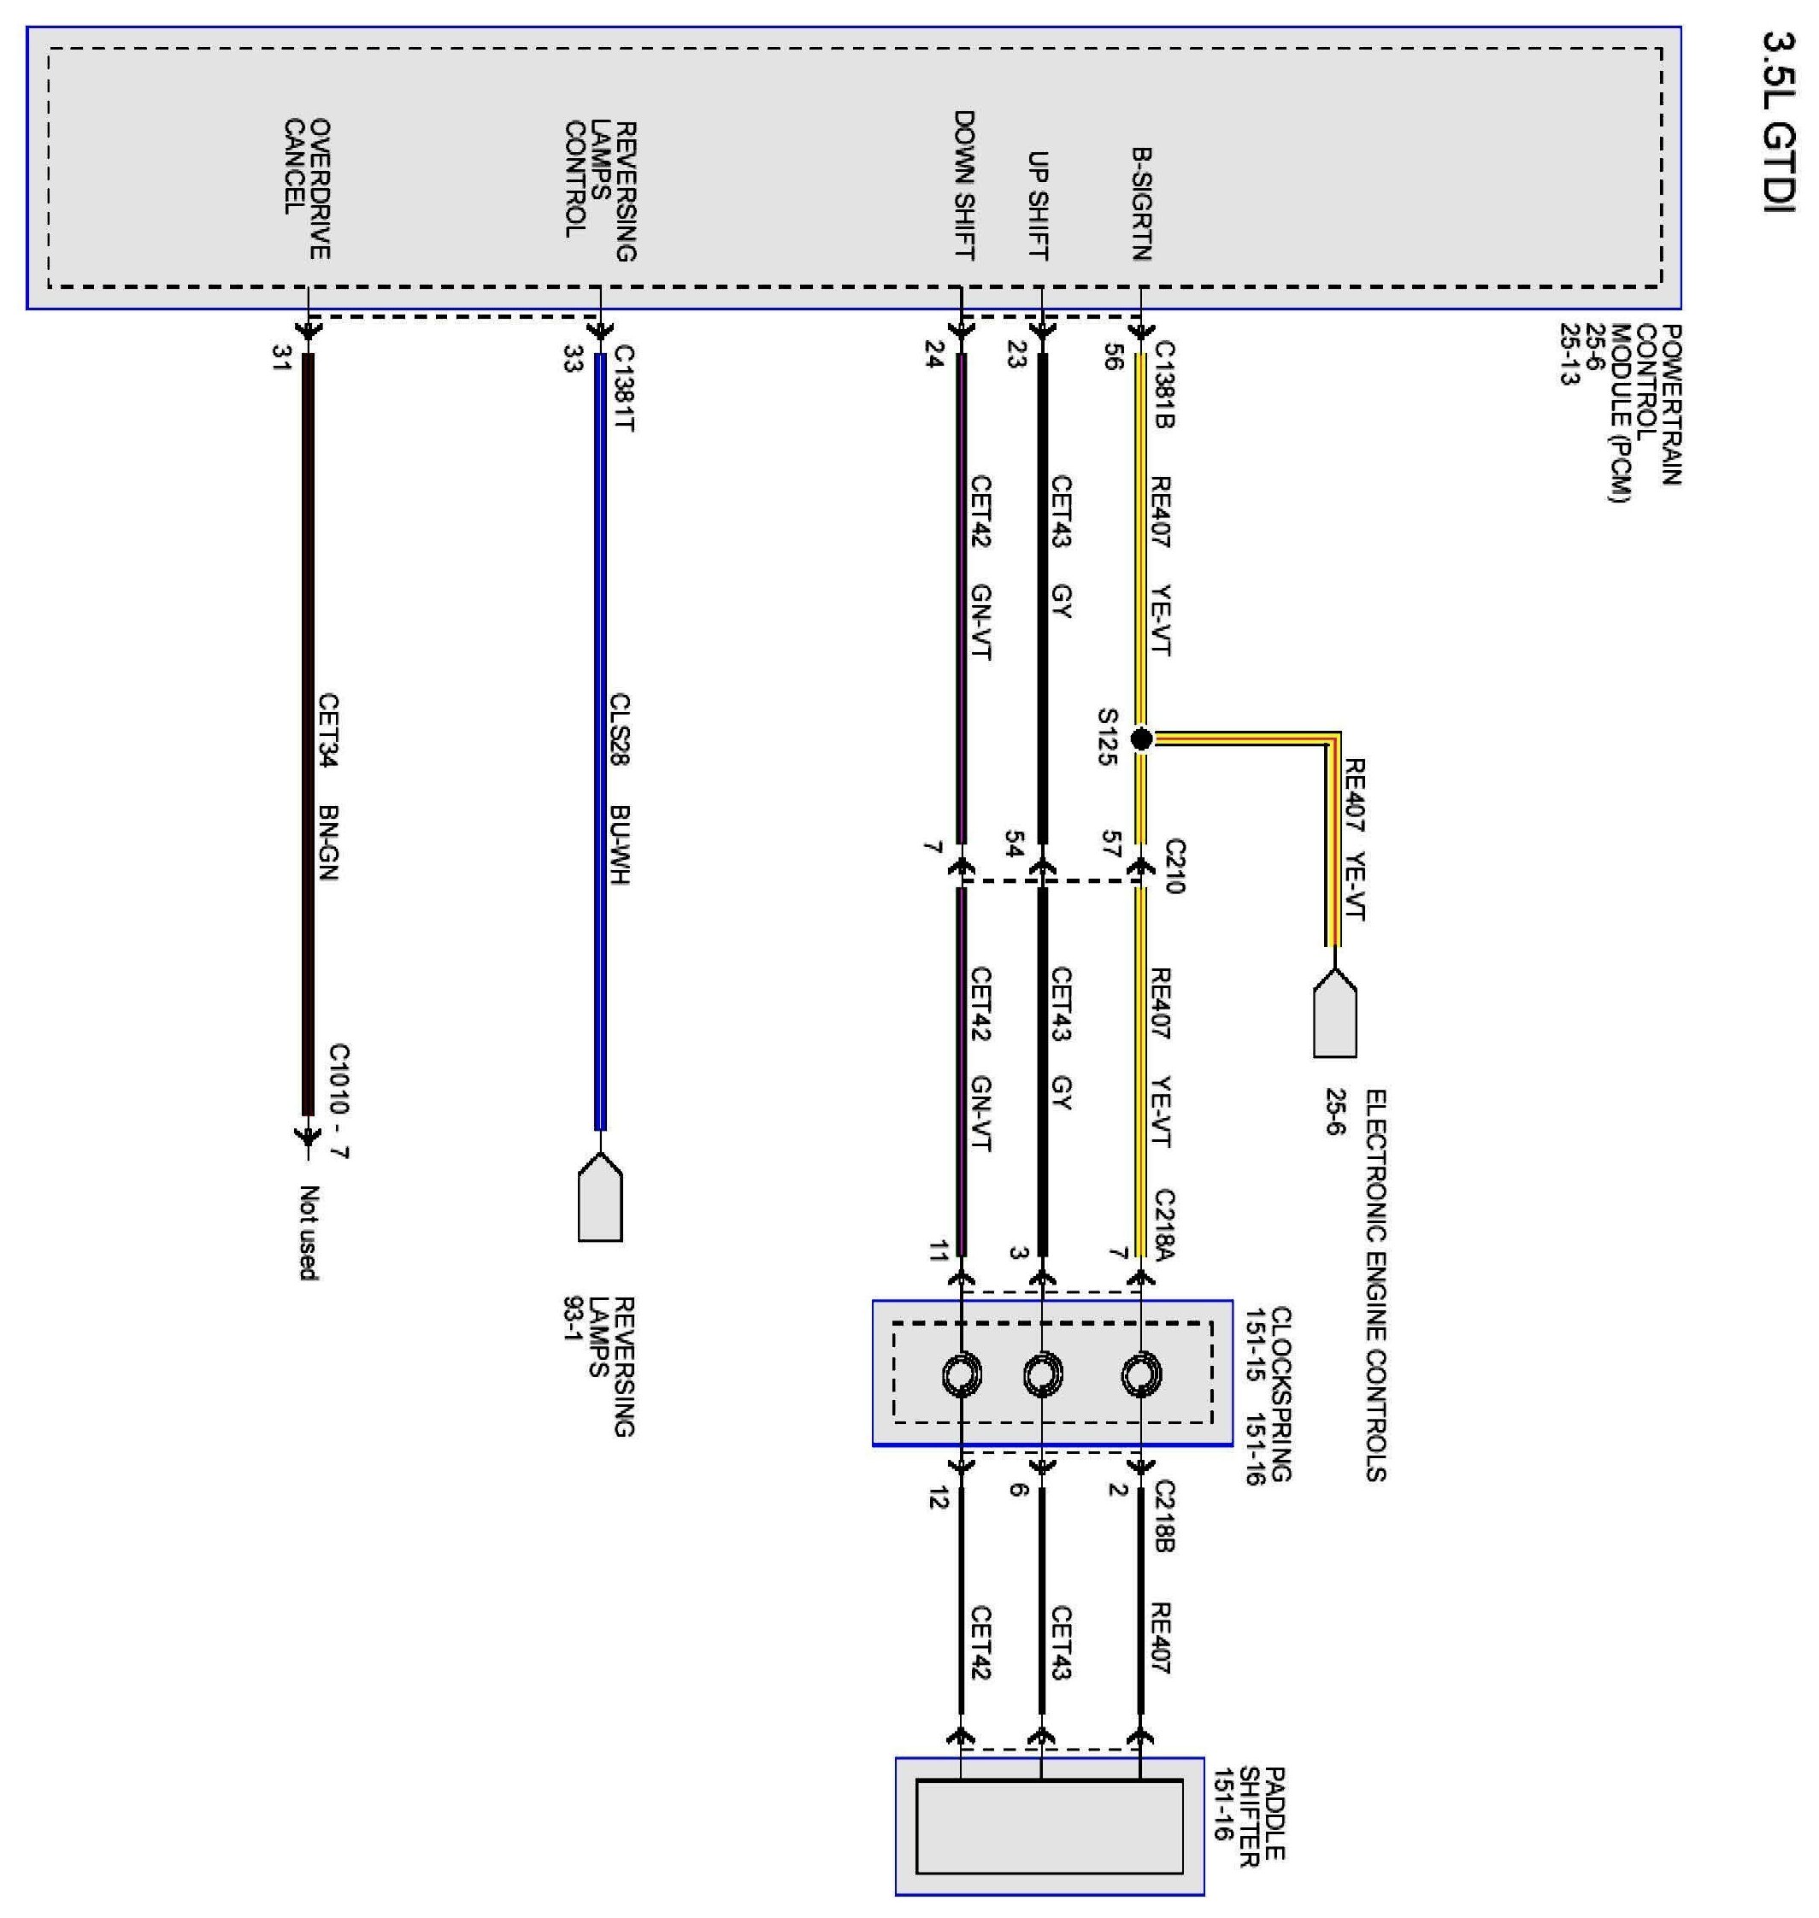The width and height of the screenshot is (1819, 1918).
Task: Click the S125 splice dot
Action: click(1141, 738)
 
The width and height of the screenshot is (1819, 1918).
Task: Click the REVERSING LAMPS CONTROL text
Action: click(601, 191)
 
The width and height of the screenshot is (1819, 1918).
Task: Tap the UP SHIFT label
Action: click(1039, 206)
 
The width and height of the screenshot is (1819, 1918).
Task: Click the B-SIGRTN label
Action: click(1140, 203)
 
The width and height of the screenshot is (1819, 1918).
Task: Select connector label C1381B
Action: click(1163, 385)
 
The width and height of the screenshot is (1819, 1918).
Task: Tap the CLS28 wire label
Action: click(621, 728)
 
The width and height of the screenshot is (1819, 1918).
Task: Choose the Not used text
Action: click(309, 1233)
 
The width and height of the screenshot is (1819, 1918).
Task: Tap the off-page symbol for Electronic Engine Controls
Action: click(1334, 1014)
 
